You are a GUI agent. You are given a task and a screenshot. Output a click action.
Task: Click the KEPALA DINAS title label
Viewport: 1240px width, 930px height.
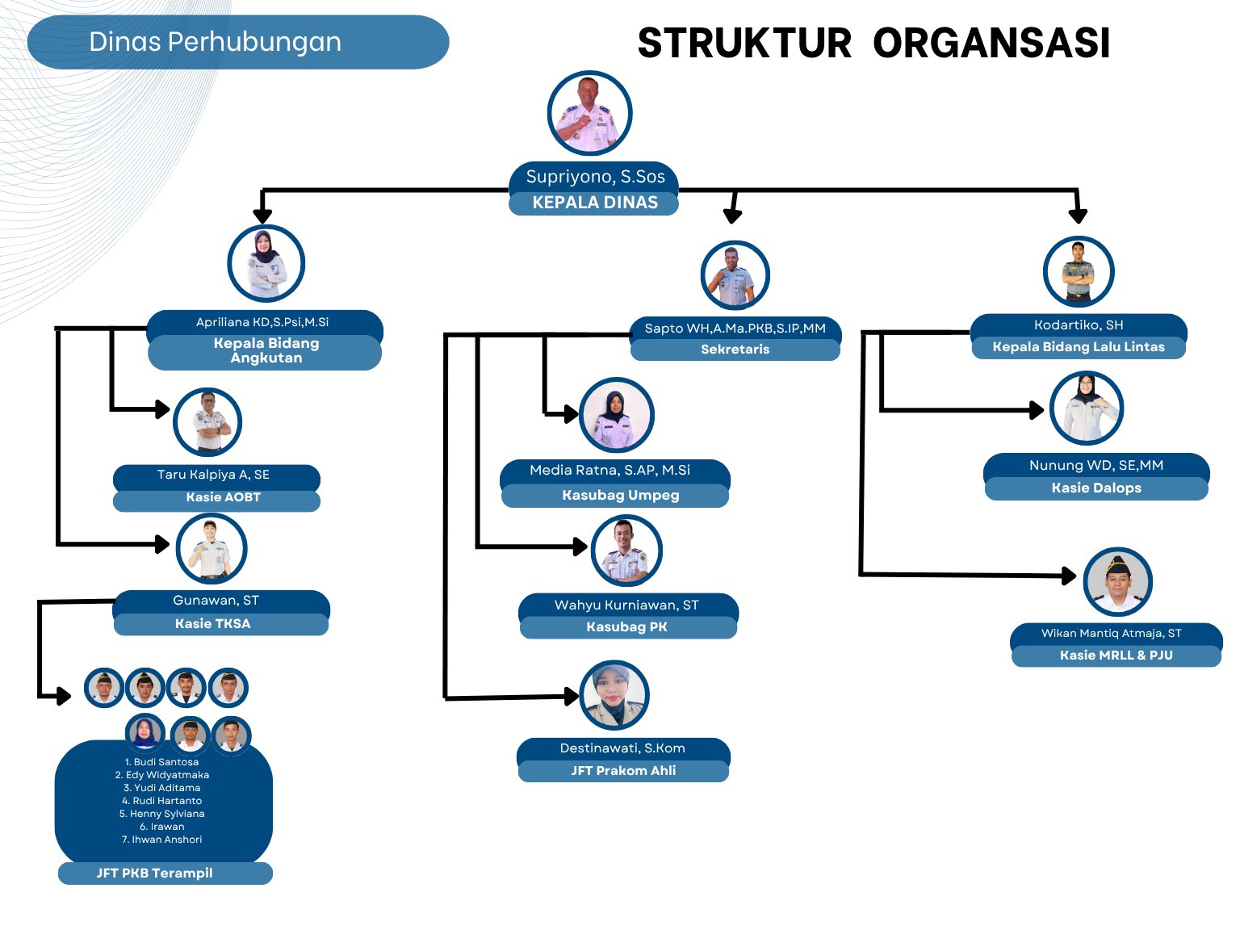click(594, 203)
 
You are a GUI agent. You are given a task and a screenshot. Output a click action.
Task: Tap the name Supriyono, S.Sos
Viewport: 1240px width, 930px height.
click(595, 177)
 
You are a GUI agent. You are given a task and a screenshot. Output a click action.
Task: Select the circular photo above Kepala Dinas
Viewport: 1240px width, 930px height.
click(589, 113)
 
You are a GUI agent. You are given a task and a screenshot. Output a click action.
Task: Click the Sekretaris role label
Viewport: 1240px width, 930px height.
click(735, 350)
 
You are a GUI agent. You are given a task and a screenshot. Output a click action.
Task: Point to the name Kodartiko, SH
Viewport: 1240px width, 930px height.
click(1079, 325)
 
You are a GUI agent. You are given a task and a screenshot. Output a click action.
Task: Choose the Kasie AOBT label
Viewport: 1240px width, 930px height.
click(223, 497)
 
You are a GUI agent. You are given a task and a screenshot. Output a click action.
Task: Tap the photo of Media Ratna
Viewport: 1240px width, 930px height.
click(616, 416)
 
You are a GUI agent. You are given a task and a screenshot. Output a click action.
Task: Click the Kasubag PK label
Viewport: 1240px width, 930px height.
click(626, 627)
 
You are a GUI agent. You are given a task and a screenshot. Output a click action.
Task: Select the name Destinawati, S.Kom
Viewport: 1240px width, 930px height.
click(622, 748)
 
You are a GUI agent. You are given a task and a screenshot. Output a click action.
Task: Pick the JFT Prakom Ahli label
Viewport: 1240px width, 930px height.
click(623, 771)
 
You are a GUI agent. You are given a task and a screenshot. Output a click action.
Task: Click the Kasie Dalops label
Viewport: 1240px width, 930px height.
click(1096, 488)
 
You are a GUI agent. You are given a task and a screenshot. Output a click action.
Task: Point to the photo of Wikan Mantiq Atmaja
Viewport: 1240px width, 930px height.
click(1117, 582)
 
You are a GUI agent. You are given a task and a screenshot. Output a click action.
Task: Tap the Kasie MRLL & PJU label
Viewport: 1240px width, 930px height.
click(1116, 656)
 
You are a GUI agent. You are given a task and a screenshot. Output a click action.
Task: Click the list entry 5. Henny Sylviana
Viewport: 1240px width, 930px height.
click(162, 814)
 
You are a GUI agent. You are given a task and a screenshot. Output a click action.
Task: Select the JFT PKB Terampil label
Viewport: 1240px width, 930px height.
click(155, 873)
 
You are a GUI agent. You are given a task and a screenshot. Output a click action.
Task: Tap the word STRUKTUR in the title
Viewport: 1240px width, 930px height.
click(744, 44)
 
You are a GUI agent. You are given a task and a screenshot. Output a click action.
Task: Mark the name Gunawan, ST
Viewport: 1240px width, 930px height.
click(216, 601)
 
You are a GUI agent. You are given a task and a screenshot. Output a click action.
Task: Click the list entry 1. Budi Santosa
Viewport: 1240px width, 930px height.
click(162, 762)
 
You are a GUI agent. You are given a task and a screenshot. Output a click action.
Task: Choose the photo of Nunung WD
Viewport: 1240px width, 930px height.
click(1087, 408)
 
